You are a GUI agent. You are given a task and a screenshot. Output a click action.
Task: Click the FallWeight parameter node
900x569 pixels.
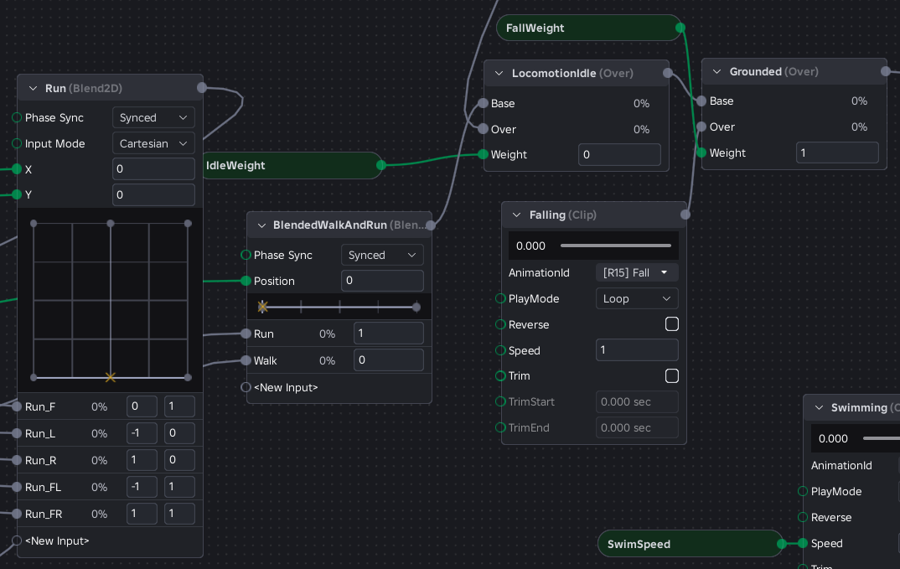pyautogui.click(x=589, y=28)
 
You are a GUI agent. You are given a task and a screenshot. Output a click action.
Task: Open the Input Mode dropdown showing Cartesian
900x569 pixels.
pyautogui.click(x=153, y=143)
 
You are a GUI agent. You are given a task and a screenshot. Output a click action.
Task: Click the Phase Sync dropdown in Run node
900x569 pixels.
pyautogui.click(x=153, y=117)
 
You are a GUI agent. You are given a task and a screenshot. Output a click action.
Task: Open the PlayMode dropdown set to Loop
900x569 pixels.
pyautogui.click(x=637, y=298)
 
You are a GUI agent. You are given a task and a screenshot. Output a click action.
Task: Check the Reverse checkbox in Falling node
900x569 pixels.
pyautogui.click(x=671, y=324)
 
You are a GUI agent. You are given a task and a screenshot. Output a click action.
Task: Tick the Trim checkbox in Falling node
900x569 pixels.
pyautogui.click(x=671, y=376)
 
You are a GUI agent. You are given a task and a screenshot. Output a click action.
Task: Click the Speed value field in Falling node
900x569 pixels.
pyautogui.click(x=637, y=350)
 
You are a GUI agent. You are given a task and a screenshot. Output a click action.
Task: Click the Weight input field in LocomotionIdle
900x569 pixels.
pyautogui.click(x=619, y=154)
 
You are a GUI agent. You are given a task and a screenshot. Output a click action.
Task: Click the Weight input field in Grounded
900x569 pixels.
pyautogui.click(x=837, y=153)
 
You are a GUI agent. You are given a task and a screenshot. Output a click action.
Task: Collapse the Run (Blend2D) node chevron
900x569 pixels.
pyautogui.click(x=33, y=89)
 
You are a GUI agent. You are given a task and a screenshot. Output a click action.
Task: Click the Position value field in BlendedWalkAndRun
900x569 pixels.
pyautogui.click(x=382, y=281)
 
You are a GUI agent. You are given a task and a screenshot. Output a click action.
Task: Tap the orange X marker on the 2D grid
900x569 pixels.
pyautogui.click(x=111, y=377)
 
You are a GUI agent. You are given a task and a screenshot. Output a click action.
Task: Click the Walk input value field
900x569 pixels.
pyautogui.click(x=389, y=360)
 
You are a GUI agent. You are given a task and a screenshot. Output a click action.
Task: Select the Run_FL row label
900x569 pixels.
pyautogui.click(x=43, y=487)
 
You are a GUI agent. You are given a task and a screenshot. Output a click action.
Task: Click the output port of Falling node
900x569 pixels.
pyautogui.click(x=685, y=215)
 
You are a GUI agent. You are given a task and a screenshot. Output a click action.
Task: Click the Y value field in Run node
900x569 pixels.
pyautogui.click(x=153, y=194)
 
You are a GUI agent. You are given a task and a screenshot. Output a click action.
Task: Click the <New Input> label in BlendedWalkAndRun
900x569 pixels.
pyautogui.click(x=286, y=387)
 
